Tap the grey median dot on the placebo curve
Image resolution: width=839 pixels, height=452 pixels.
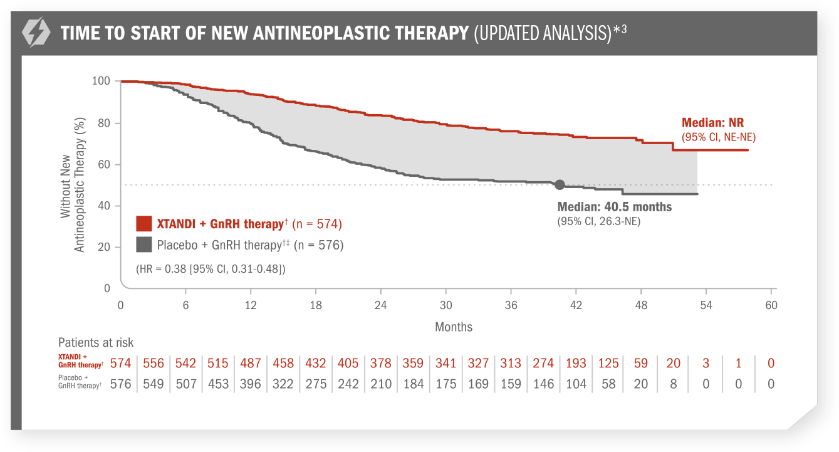tap(560, 184)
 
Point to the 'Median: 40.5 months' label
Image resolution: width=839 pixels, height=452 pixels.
tap(614, 207)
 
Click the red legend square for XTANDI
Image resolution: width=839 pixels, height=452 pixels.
tap(144, 224)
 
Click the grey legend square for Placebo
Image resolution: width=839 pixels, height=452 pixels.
tap(144, 244)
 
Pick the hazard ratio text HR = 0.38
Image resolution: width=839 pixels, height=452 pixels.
tap(211, 268)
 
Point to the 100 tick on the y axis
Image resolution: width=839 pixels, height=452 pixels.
tap(101, 81)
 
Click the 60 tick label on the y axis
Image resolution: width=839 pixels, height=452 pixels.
tap(103, 164)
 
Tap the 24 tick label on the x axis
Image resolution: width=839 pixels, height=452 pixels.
tap(380, 305)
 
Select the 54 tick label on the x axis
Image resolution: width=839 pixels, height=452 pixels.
tap(706, 305)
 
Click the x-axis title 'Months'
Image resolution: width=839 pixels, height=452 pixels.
tap(454, 327)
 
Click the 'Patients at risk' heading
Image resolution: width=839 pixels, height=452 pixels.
tap(96, 342)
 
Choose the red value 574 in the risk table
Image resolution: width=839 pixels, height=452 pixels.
tap(121, 363)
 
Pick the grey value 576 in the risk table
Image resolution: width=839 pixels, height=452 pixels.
tap(121, 384)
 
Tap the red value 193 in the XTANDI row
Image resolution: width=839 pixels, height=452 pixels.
tap(576, 363)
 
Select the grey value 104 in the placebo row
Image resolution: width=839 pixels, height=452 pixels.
tap(576, 384)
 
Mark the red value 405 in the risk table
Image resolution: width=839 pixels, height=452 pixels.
tap(348, 363)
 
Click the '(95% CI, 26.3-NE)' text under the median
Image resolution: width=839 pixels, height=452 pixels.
tap(598, 221)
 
